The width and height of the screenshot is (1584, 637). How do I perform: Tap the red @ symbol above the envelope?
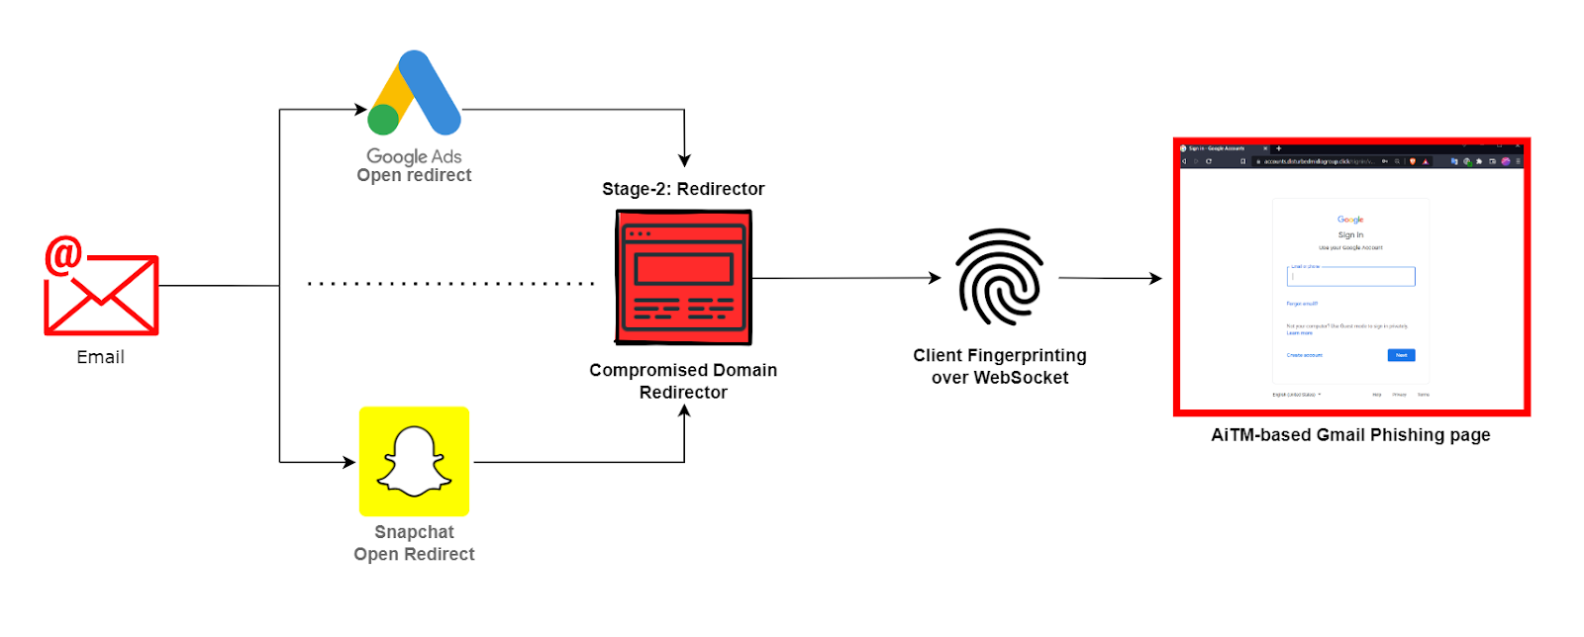[63, 255]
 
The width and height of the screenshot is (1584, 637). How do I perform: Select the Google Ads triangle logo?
[416, 93]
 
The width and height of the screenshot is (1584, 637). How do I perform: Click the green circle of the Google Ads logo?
[383, 120]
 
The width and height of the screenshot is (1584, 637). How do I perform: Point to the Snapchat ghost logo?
[414, 461]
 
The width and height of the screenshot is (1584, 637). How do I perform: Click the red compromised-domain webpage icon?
[683, 277]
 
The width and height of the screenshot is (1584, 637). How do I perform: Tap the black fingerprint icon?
[999, 277]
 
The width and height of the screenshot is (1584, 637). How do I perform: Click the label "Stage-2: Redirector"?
[683, 189]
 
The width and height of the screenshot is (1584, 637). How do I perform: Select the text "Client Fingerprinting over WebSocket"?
[1000, 366]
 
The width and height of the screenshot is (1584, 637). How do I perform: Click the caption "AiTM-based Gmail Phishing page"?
[1350, 435]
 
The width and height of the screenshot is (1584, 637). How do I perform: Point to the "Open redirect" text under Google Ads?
[414, 176]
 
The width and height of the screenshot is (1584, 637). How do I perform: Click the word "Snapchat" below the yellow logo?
[414, 532]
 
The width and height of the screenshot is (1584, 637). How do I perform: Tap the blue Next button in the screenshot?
[1401, 355]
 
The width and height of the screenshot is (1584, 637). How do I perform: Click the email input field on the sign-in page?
[1350, 277]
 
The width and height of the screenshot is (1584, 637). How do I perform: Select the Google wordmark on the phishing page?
[1350, 220]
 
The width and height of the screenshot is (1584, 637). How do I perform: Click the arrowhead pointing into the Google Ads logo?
[361, 110]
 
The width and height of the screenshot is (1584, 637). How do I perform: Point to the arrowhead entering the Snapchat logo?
[349, 462]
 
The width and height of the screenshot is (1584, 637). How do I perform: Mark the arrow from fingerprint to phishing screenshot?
[1110, 278]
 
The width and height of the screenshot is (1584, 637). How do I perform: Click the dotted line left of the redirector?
[450, 284]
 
